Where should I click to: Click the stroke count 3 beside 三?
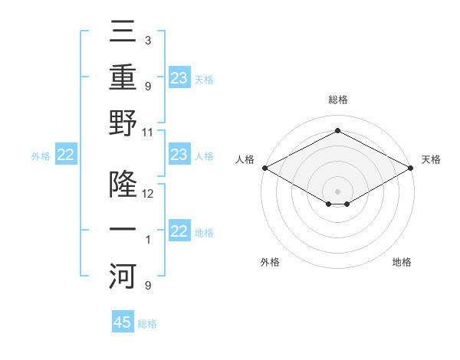[147, 40]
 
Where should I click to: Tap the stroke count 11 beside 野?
[149, 132]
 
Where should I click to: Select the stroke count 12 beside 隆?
[149, 193]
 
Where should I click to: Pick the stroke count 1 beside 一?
[147, 241]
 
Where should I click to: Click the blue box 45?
[123, 322]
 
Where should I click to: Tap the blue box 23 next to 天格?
[179, 77]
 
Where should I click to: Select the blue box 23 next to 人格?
[179, 155]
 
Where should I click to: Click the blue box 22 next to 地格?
[179, 231]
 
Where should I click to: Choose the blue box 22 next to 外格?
[66, 155]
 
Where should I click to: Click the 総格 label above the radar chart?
[337, 100]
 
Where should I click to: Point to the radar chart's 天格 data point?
[411, 167]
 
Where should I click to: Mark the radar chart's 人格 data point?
[264, 167]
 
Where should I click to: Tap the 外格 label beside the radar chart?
[270, 262]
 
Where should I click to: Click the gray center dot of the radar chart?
[337, 190]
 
